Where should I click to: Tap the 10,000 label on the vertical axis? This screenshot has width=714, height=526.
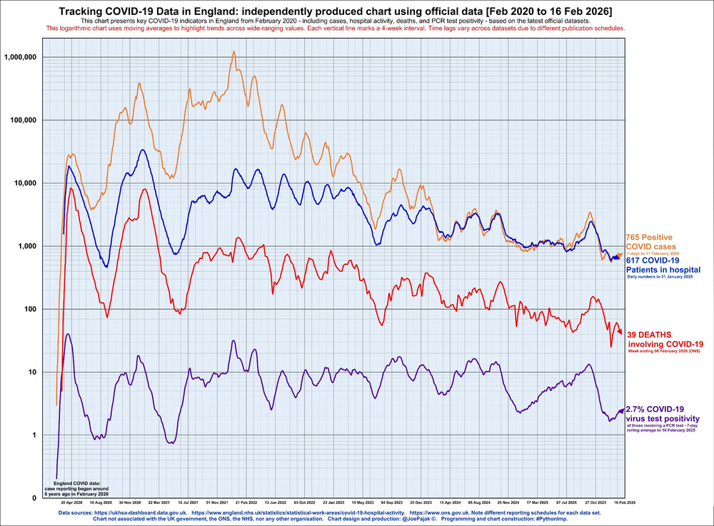[34, 183]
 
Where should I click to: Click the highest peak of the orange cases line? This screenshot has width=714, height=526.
[233, 51]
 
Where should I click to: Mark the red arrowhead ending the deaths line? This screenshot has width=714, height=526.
[620, 332]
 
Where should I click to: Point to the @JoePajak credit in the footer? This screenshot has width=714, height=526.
[406, 520]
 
